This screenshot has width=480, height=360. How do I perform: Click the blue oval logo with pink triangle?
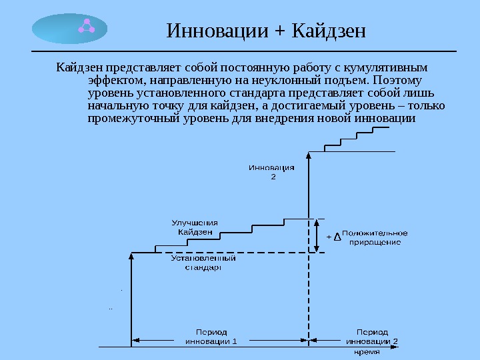69,29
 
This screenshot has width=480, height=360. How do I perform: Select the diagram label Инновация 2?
272,172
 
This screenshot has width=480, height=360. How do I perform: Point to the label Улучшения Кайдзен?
195,227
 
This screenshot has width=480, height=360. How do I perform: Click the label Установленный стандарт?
203,262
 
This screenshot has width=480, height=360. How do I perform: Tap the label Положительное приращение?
375,238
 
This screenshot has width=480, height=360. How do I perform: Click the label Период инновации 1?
211,336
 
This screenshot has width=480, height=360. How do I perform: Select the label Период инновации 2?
372,336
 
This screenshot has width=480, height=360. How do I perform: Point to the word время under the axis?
367,351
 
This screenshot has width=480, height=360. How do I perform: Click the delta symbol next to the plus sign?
337,237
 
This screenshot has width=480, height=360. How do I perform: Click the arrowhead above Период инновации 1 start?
131,256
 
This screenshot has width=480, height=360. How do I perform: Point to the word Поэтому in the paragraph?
400,81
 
